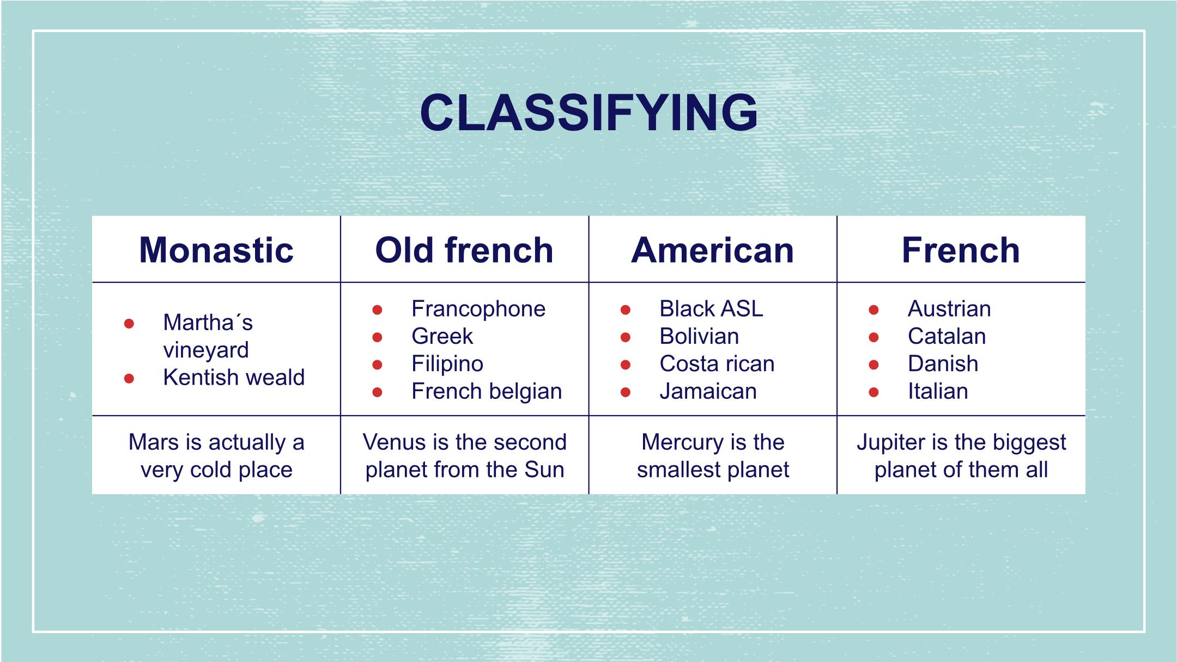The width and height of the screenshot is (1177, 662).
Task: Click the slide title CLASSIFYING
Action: (x=588, y=113)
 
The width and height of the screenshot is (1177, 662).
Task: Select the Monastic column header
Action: (x=216, y=250)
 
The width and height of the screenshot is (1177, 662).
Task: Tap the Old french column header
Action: (x=464, y=250)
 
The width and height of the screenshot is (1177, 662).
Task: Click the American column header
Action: (x=713, y=250)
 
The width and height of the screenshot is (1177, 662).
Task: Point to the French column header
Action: (x=961, y=250)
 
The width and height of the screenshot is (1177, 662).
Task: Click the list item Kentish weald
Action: (x=234, y=377)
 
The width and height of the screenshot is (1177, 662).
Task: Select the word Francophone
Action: (x=478, y=309)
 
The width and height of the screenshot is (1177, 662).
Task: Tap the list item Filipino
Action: (x=447, y=364)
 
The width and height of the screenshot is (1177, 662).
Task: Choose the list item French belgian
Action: (x=487, y=391)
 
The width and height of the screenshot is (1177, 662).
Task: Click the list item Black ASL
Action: (x=711, y=309)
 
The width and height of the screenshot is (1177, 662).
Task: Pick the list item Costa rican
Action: (x=717, y=364)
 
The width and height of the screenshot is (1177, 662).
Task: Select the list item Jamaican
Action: (x=708, y=391)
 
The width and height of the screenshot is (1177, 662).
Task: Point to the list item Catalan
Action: (x=947, y=336)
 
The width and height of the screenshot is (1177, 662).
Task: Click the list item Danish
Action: (x=943, y=364)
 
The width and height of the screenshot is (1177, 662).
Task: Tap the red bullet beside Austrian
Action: (x=873, y=310)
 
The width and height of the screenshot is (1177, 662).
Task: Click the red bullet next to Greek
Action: (x=377, y=337)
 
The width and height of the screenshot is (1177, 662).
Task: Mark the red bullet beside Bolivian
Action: (x=626, y=337)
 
